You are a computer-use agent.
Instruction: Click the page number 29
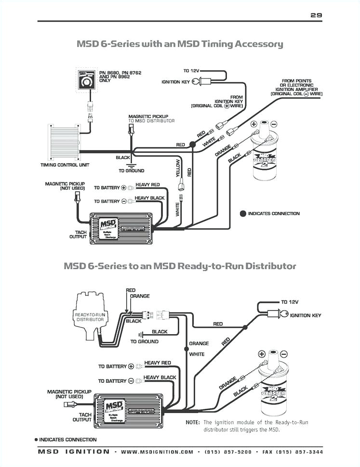pos(316,15)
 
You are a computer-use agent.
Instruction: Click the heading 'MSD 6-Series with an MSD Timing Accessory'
pos(180,44)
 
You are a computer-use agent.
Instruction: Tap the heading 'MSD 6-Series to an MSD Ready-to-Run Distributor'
pos(180,266)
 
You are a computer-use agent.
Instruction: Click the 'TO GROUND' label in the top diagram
pos(131,171)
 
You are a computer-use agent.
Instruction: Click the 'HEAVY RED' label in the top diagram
pos(147,185)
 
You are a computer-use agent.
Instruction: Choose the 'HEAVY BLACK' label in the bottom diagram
pos(160,377)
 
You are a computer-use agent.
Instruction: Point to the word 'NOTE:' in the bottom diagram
pos(193,422)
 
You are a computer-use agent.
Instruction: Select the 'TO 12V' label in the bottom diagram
pos(290,302)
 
